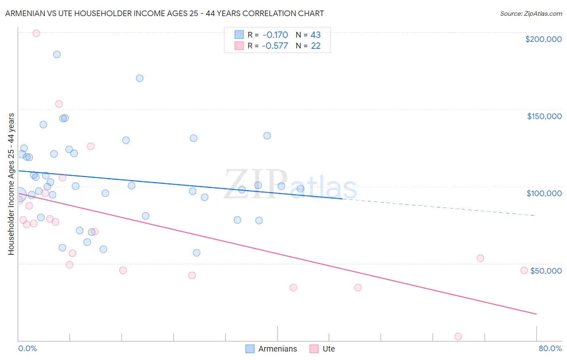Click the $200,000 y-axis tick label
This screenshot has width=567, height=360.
543,39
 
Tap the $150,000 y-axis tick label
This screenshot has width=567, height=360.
544,116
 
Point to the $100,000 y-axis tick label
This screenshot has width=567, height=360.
544,193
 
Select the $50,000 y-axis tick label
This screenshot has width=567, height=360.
546,271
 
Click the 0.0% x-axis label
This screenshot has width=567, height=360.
27,349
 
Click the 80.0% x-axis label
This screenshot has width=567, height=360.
550,349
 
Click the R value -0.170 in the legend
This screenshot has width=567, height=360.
275,35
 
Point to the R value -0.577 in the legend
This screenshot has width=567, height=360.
275,46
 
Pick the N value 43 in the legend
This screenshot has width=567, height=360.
315,35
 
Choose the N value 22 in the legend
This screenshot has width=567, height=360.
315,46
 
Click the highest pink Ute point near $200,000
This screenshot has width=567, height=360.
36,33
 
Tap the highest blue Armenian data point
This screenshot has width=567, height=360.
57,54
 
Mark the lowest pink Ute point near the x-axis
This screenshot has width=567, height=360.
458,337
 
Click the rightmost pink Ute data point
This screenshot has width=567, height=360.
524,270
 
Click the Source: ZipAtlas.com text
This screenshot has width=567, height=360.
531,14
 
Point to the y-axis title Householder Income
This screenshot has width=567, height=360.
11,184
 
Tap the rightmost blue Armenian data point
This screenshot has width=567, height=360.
300,188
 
